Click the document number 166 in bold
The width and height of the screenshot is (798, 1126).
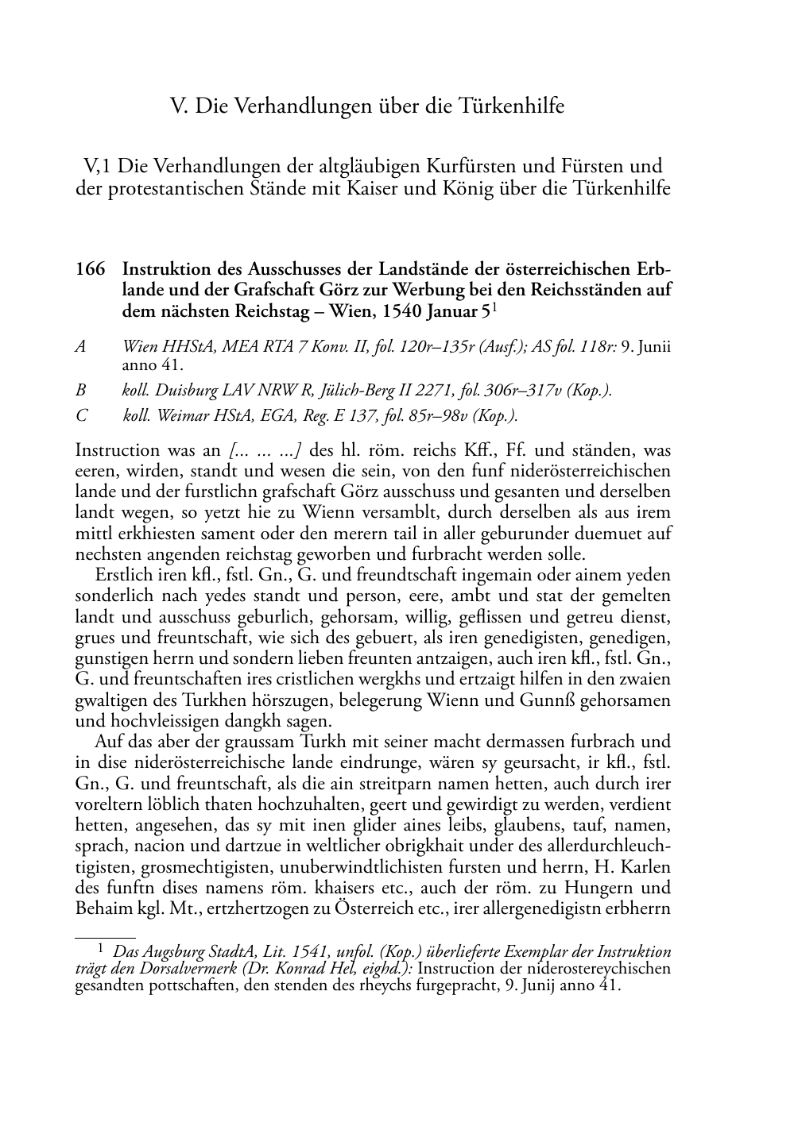[x=90, y=269]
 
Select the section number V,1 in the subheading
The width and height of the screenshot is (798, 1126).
[x=99, y=167]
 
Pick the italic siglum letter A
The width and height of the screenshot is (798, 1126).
[x=79, y=347]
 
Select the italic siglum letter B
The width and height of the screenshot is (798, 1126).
[x=79, y=390]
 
